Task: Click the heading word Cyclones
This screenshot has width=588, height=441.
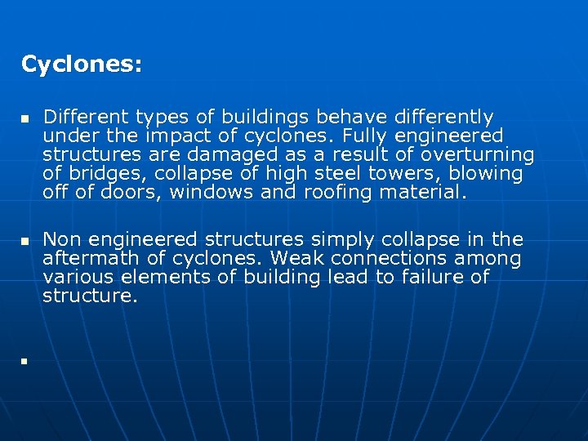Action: [81, 65]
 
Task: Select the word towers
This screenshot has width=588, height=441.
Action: [399, 174]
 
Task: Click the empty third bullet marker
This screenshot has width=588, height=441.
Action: [25, 360]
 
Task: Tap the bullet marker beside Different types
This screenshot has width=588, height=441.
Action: [25, 119]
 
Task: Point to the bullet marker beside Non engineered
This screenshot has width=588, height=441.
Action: [25, 242]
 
